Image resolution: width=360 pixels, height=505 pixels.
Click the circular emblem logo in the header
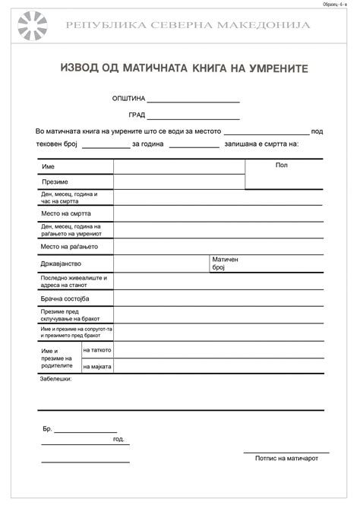pyautogui.click(x=33, y=26)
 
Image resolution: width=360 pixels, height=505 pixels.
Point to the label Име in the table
pyautogui.click(x=48, y=166)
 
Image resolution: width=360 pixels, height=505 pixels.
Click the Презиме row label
pyautogui.click(x=55, y=182)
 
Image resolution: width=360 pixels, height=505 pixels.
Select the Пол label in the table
pyautogui.click(x=282, y=165)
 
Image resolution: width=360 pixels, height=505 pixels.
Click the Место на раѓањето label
pyautogui.click(x=69, y=247)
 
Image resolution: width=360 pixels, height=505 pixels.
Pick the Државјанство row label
pyautogui.click(x=61, y=264)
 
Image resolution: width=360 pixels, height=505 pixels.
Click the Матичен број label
pyautogui.click(x=225, y=264)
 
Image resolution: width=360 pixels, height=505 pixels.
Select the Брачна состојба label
pyautogui.click(x=65, y=299)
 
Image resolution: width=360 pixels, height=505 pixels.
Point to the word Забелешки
pyautogui.click(x=55, y=378)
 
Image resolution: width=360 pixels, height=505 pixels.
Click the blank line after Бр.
pyautogui.click(x=85, y=431)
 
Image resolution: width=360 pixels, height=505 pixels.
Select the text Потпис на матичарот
pyautogui.click(x=286, y=458)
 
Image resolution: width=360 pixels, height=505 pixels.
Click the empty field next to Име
pyautogui.click(x=179, y=166)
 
